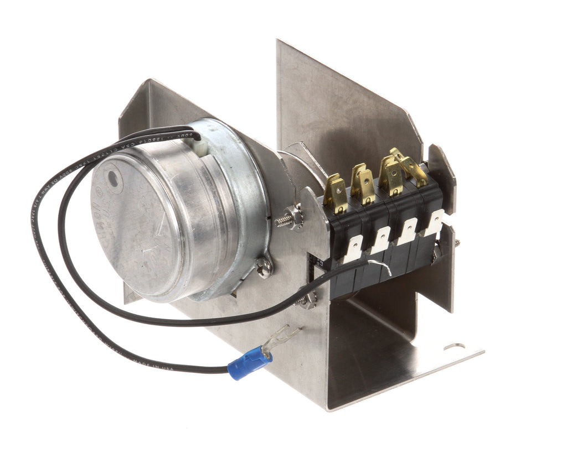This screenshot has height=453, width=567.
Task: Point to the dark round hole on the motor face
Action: pos(114,179)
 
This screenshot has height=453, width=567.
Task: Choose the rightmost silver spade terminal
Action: pos(435,222)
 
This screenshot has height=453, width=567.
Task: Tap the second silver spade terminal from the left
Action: pos(382,239)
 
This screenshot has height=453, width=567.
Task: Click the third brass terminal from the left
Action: pos(391,177)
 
